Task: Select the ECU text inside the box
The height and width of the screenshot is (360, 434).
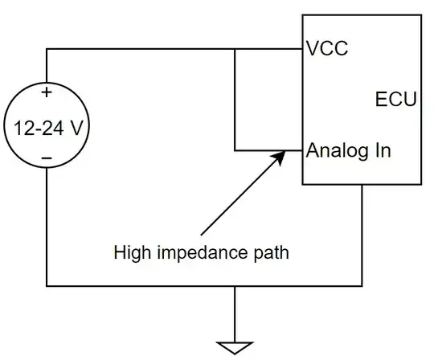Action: pyautogui.click(x=395, y=100)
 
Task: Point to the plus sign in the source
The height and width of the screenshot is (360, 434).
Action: pyautogui.click(x=47, y=92)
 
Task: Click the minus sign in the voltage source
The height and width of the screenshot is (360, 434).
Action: pyautogui.click(x=47, y=158)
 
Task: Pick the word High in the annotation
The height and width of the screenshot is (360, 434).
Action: pyautogui.click(x=131, y=252)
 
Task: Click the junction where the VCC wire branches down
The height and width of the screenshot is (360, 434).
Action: pyautogui.click(x=234, y=49)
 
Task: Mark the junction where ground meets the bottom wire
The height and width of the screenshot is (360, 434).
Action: pyautogui.click(x=234, y=285)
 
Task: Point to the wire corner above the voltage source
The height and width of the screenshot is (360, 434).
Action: pyautogui.click(x=47, y=49)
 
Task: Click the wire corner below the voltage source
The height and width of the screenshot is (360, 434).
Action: pyautogui.click(x=47, y=285)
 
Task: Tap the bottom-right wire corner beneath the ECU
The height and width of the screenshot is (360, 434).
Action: pyautogui.click(x=362, y=285)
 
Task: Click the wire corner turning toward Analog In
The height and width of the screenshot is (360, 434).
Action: pyautogui.click(x=234, y=150)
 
